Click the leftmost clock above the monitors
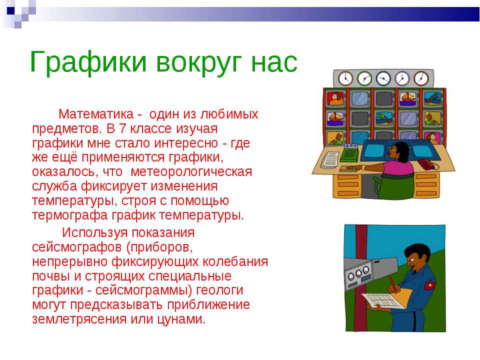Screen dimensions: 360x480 pos(345,78)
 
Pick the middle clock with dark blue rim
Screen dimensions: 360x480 pos(383,78)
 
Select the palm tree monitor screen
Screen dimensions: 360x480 pos(382,118)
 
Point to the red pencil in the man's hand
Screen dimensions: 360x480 pos(393,285)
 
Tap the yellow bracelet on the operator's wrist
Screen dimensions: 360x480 pos(363,167)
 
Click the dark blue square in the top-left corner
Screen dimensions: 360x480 pos(11,8)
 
